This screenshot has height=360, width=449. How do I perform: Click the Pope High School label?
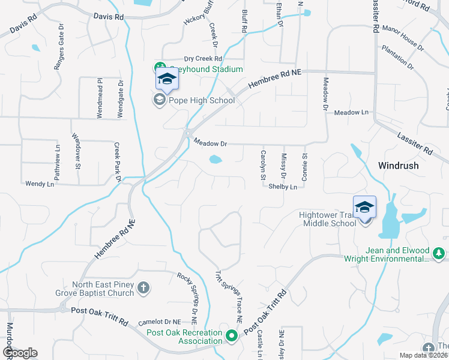(x=202, y=100)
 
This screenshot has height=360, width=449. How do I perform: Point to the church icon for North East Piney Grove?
(x=143, y=289)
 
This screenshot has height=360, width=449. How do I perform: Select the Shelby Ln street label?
(x=283, y=187)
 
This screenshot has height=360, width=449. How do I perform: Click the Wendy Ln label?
(x=40, y=183)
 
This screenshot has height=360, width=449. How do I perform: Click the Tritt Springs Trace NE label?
(x=228, y=298)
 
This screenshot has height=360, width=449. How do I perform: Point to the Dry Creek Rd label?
(x=203, y=58)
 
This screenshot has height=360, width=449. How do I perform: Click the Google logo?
(x=19, y=353)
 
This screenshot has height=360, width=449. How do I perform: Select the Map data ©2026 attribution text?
(x=423, y=355)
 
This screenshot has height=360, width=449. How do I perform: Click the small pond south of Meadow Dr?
(x=215, y=160)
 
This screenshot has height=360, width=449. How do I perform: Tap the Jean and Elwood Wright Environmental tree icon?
(x=439, y=254)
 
